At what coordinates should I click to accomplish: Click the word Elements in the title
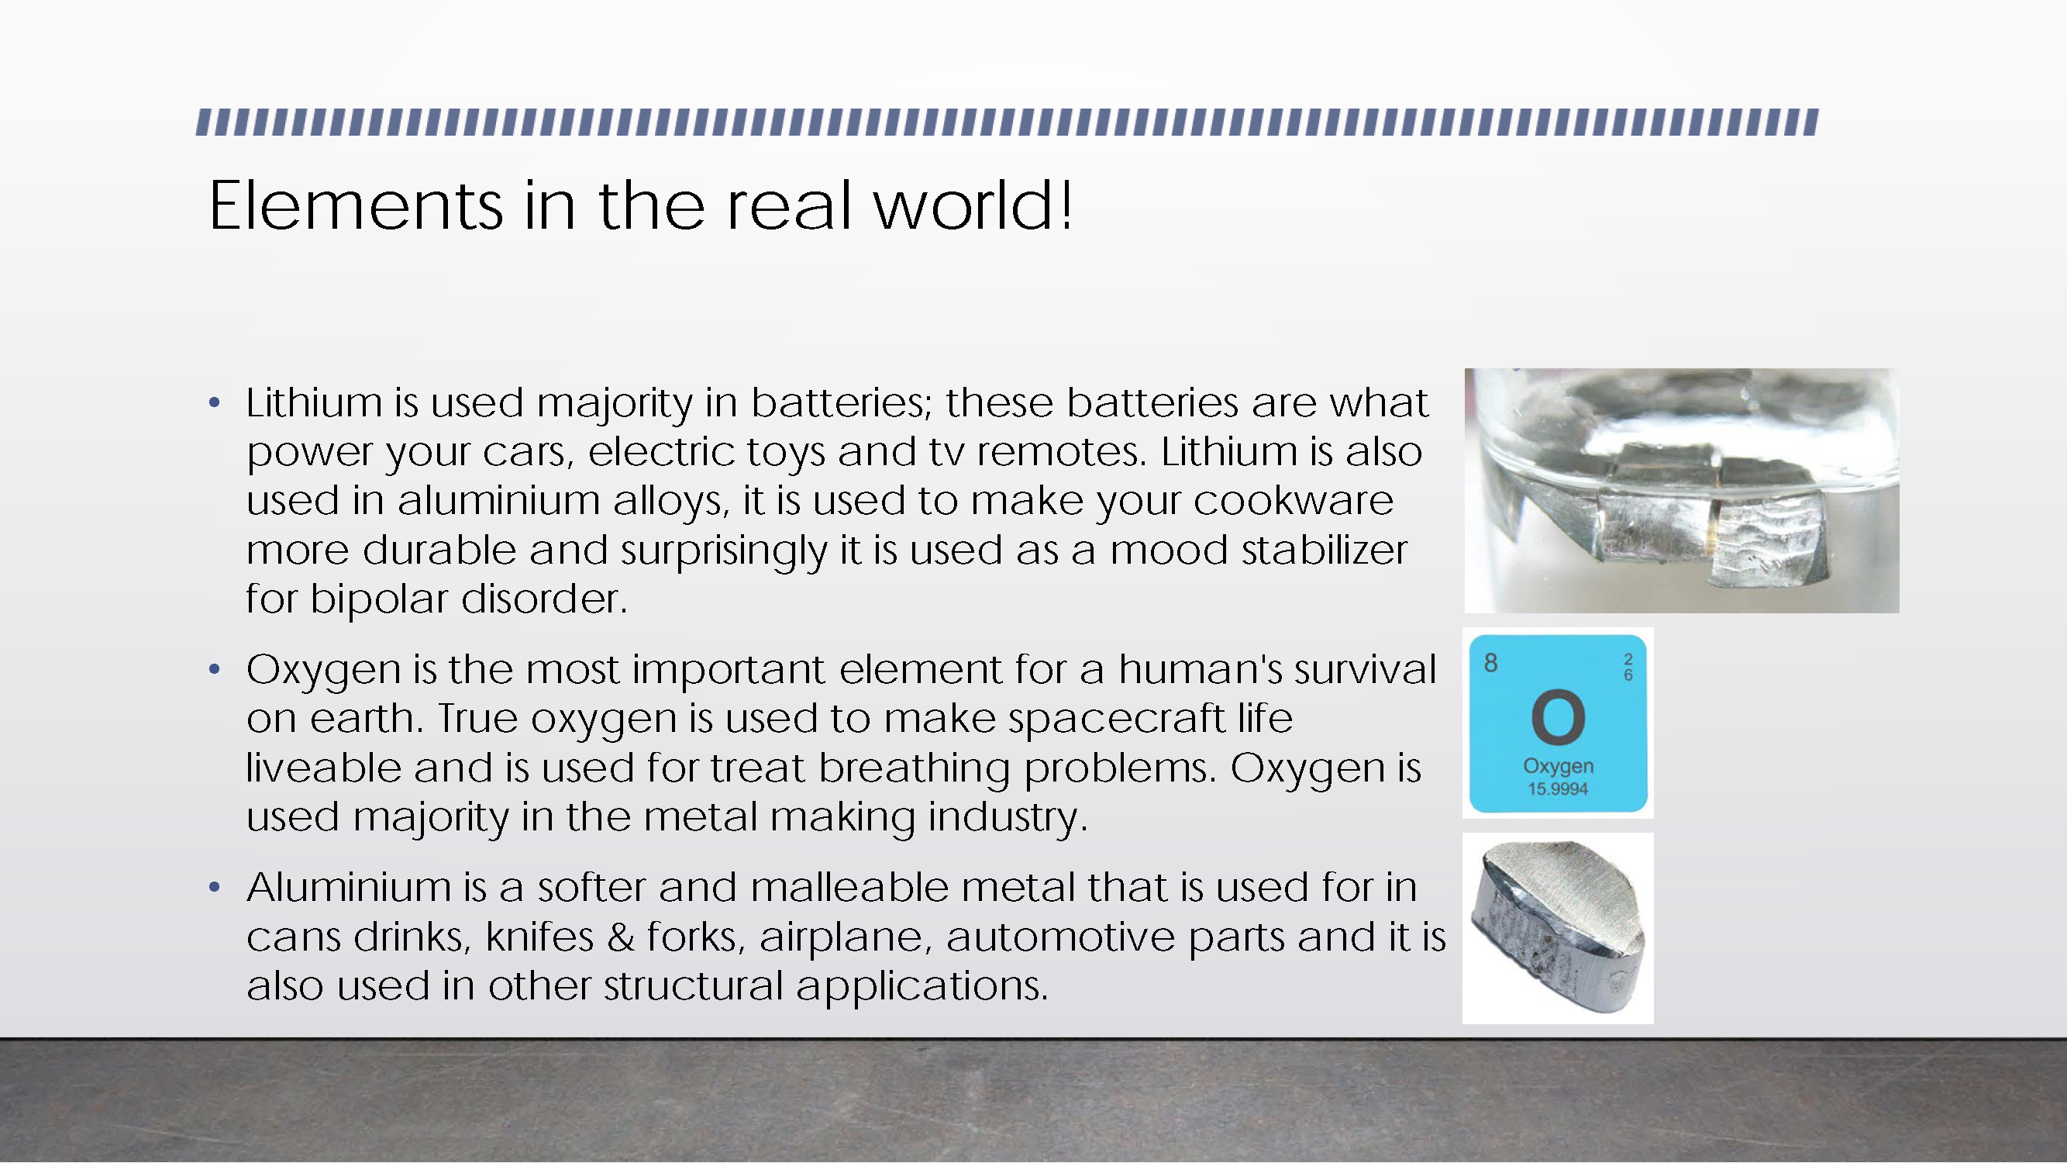point(357,205)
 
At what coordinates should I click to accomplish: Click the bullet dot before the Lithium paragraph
point(213,402)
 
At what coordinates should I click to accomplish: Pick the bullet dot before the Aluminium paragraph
point(213,887)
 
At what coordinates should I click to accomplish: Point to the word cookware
point(1293,501)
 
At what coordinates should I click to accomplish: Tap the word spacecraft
point(1116,720)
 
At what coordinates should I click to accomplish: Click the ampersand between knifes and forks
point(621,937)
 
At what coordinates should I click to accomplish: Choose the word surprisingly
point(723,552)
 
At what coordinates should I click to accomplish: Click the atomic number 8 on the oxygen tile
point(1491,663)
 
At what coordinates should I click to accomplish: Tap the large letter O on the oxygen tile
point(1558,716)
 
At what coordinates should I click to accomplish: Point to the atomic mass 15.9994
point(1558,789)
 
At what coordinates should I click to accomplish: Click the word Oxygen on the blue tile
point(1559,768)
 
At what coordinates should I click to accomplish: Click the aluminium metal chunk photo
point(1559,928)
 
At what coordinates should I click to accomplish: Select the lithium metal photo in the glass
point(1682,491)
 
